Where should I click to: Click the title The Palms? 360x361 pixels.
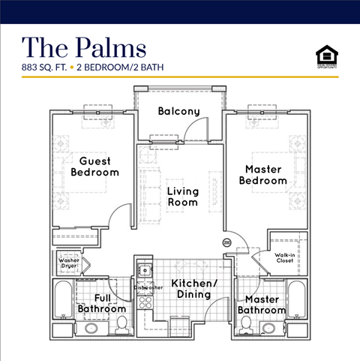tap(83, 47)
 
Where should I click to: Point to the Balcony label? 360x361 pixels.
tap(178, 112)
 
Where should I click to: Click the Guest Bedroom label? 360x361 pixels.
tap(94, 166)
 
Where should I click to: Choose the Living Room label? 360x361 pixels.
tap(182, 196)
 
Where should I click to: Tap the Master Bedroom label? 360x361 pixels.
tap(262, 175)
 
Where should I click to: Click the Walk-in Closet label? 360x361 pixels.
tap(284, 259)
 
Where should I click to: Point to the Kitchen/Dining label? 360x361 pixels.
tap(194, 289)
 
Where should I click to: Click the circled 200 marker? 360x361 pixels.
tap(226, 242)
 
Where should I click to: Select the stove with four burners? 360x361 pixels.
tap(144, 302)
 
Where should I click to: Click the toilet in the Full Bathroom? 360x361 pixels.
tap(121, 324)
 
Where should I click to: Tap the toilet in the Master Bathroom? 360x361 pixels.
tap(245, 324)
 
